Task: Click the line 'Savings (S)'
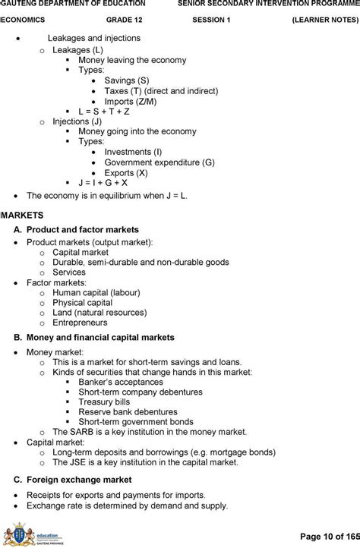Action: pyautogui.click(x=127, y=80)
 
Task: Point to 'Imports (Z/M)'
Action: pyautogui.click(x=131, y=101)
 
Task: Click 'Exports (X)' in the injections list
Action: pyautogui.click(x=127, y=172)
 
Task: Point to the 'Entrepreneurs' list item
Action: pyautogui.click(x=82, y=323)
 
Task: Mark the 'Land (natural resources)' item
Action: pyautogui.click(x=99, y=312)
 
